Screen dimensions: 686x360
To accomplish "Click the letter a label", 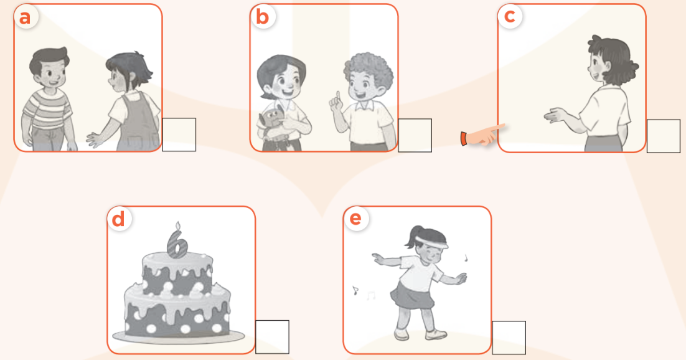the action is tap(25, 17).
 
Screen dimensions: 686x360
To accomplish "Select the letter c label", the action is tap(510, 16).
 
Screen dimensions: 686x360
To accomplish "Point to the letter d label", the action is tap(118, 219).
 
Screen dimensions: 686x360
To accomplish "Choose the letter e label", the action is tap(355, 218).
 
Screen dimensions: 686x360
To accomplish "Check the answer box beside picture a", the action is tap(179, 135).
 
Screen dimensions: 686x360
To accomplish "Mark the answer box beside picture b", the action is tap(415, 135).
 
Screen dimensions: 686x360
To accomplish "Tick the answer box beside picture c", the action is tap(663, 136).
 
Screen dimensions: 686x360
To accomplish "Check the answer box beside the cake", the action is tap(272, 337).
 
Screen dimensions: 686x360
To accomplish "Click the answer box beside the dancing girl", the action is tap(509, 338).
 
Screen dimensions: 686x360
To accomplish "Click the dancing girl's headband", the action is tap(432, 242).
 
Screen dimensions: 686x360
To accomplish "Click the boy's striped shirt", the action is tap(47, 110).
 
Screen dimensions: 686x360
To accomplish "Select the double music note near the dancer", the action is tap(371, 296).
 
